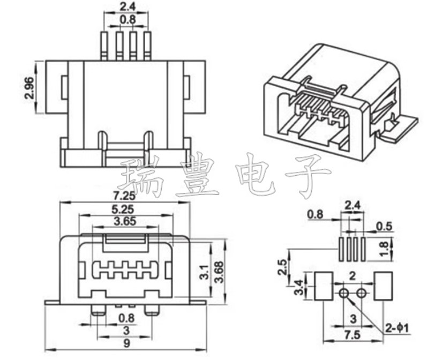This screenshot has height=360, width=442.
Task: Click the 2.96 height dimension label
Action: coord(29,88)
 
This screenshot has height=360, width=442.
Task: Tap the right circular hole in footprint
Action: coord(362,292)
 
